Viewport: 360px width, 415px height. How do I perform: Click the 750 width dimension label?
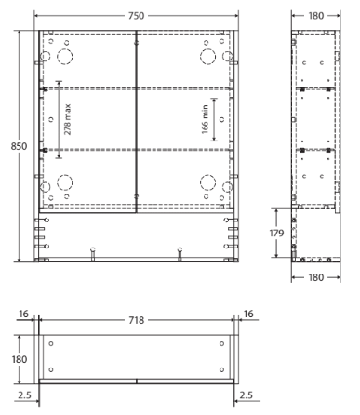click(x=137, y=16)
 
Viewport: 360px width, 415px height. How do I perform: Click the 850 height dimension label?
click(x=19, y=146)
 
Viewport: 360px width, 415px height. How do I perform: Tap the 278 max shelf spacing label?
click(x=68, y=119)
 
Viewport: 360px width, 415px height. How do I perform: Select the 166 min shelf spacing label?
click(x=205, y=119)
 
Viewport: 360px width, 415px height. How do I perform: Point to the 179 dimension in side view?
click(x=276, y=233)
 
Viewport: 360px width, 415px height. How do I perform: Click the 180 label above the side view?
click(x=315, y=16)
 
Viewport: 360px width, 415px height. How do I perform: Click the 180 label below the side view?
click(x=315, y=277)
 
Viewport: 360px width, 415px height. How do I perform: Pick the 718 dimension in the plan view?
click(x=137, y=320)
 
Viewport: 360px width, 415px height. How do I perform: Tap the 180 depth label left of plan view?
click(x=20, y=359)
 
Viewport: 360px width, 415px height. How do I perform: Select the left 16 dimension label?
click(x=23, y=315)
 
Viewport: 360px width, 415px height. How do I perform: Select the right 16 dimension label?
click(x=248, y=315)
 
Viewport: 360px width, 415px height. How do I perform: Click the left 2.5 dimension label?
click(x=24, y=395)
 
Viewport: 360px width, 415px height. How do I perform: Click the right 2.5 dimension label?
click(x=247, y=395)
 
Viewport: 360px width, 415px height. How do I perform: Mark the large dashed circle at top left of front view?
click(x=65, y=49)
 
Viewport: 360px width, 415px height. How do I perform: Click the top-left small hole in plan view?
click(x=51, y=343)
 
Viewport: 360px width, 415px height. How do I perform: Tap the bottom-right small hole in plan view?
click(x=221, y=369)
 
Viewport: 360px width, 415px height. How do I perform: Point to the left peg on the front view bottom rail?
click(x=93, y=254)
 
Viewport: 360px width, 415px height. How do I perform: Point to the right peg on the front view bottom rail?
click(x=180, y=254)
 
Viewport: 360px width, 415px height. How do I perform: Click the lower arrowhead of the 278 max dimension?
click(x=59, y=156)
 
